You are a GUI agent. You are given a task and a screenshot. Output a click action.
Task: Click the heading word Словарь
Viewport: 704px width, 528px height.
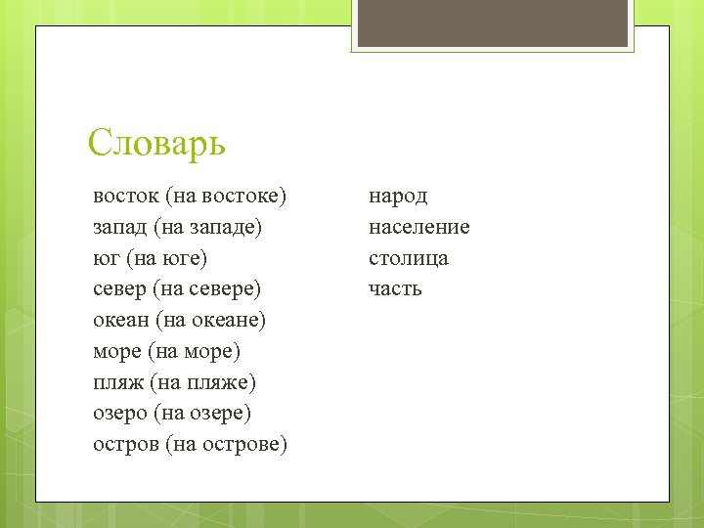pos(156,143)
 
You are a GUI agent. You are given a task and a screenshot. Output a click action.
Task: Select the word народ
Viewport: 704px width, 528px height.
pos(398,197)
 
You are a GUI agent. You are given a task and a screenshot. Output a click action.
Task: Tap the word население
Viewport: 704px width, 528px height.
pos(419,227)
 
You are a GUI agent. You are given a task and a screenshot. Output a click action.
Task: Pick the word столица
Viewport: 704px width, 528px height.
pos(409,258)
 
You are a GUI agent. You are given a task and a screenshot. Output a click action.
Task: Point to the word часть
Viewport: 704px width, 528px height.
pos(395,289)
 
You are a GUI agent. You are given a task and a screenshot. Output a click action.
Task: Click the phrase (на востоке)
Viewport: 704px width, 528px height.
pos(226,196)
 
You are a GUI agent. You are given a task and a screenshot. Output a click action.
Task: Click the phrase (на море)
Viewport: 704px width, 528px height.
pos(197,351)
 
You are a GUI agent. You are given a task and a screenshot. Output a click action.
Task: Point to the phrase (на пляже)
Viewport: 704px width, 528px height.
pos(203,382)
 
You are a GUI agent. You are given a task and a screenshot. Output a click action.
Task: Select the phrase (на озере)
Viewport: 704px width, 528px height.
pos(202,414)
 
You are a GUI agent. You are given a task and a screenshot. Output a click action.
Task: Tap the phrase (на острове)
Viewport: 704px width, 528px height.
pos(227,445)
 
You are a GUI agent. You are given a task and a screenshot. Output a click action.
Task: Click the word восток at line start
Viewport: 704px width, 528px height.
pos(126,196)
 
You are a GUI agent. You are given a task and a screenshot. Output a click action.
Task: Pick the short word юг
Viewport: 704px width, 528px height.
pos(106,258)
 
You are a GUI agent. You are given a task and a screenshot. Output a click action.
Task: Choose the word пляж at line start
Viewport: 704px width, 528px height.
pos(117,382)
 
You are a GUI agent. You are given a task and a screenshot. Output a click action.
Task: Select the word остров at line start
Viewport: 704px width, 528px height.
pos(126,445)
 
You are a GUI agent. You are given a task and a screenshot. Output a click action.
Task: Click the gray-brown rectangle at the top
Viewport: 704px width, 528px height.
pos(491,22)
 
